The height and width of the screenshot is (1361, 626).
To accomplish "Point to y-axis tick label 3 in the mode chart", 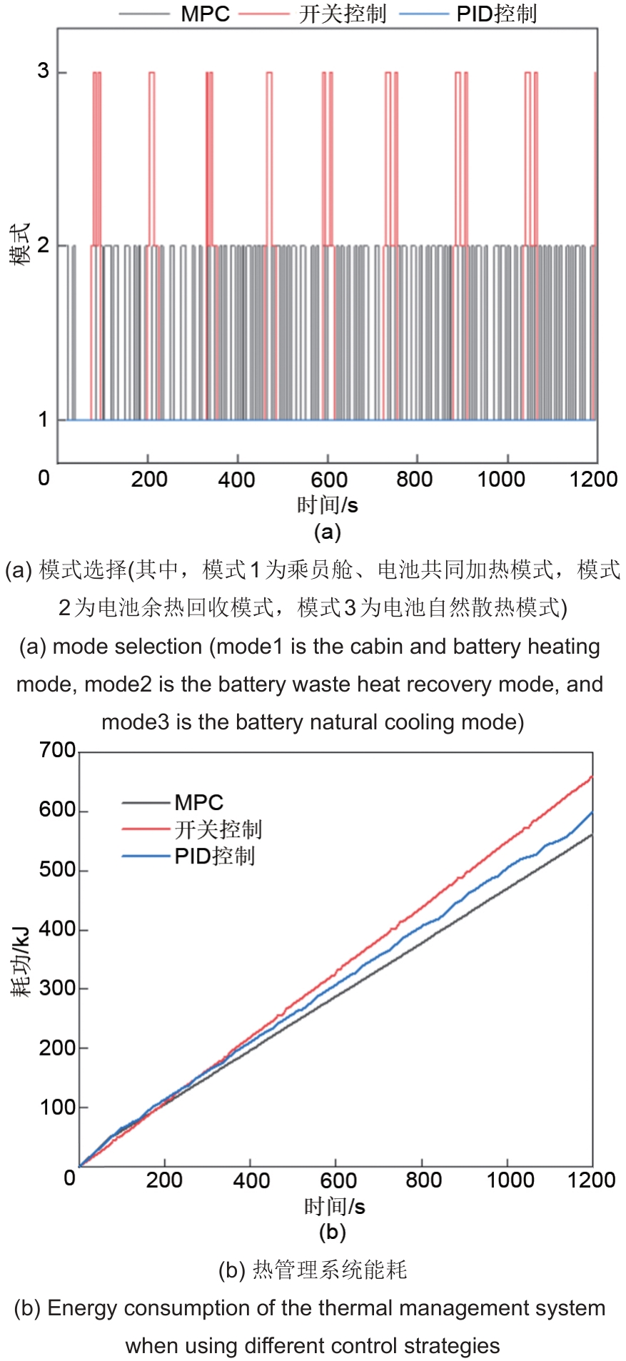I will click(x=44, y=71).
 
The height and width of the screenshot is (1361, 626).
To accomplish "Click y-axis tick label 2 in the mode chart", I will click(x=44, y=246).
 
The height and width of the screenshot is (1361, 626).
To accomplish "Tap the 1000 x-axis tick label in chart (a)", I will click(x=501, y=479).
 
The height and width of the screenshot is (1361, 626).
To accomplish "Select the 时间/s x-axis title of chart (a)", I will click(x=327, y=505).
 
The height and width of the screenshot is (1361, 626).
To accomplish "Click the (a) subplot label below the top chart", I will click(x=327, y=532).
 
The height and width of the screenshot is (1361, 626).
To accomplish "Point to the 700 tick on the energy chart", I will click(x=57, y=750).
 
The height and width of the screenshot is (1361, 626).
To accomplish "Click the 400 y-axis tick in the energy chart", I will click(x=57, y=929).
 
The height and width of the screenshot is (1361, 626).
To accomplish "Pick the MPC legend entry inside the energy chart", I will click(x=198, y=802).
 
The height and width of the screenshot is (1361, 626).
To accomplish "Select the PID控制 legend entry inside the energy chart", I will click(x=214, y=856).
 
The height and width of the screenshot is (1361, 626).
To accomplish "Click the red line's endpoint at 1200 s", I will click(x=592, y=776).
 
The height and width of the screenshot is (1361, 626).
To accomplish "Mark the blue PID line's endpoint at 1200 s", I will click(x=592, y=812).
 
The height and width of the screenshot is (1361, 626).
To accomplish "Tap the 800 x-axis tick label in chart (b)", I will click(x=423, y=1180).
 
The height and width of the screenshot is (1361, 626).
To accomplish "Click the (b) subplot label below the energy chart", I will click(x=332, y=1233).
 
